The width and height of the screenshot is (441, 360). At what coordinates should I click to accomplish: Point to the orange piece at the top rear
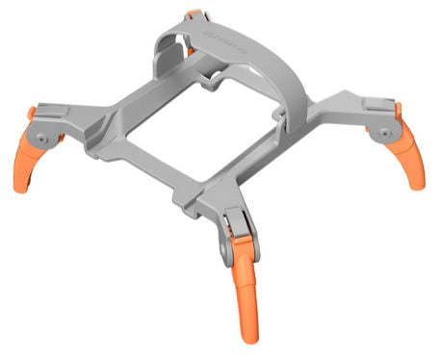[195, 15]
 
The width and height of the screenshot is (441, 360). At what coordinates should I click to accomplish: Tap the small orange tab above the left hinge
[32, 115]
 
